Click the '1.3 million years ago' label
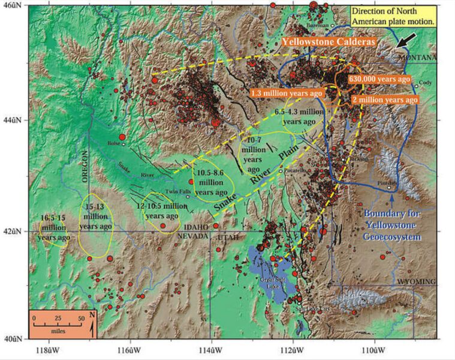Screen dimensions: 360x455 (287, 94)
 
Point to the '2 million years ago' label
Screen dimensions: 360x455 (384, 100)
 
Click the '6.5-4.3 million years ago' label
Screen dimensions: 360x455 (299, 116)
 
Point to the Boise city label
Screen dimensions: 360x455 (113, 143)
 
